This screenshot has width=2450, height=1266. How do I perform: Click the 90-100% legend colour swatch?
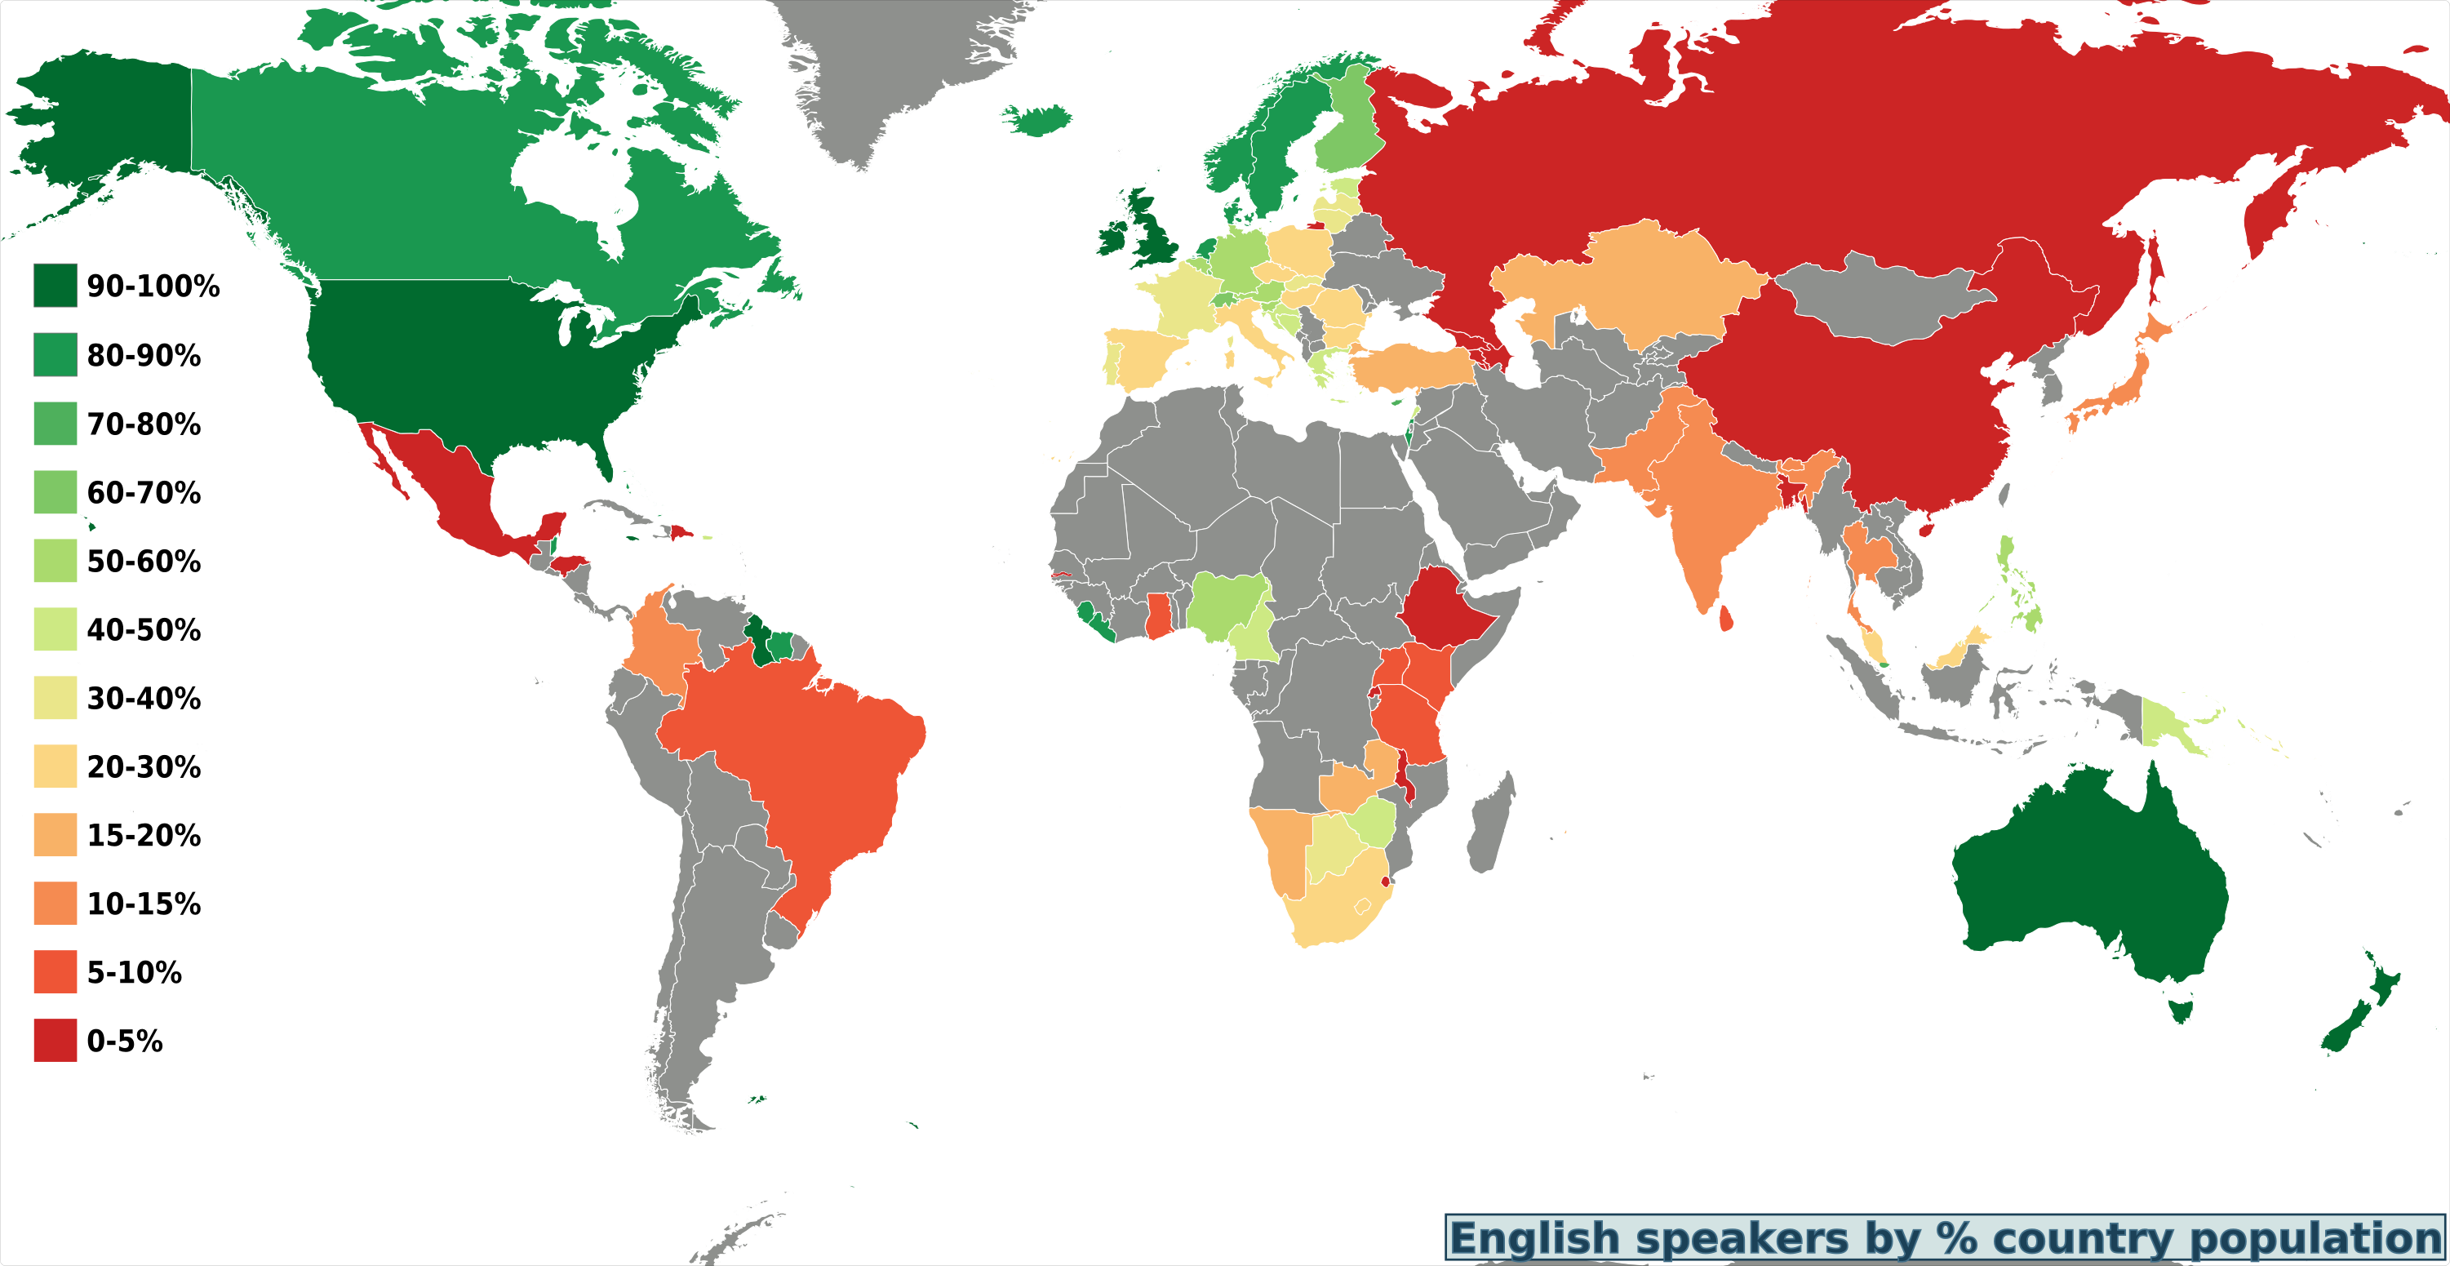[x=55, y=286]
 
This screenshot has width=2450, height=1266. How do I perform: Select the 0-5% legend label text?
[x=125, y=1041]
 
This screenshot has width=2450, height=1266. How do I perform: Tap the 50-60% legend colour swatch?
[x=55, y=560]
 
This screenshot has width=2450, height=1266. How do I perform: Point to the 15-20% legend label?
[x=144, y=835]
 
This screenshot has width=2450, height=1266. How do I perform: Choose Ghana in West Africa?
[x=1157, y=616]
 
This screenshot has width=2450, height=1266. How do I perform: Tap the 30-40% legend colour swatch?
[x=55, y=698]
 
